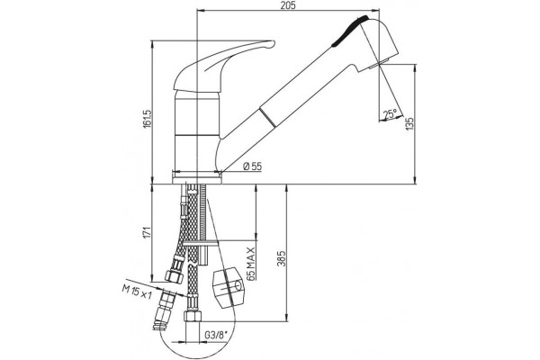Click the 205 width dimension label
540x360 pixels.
tap(288, 5)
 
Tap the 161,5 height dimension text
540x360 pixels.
tap(148, 120)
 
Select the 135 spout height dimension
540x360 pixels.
tap(409, 124)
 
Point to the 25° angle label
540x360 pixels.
tap(391, 113)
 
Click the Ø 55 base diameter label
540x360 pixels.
tap(252, 166)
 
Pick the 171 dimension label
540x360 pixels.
tap(148, 233)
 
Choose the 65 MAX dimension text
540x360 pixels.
tap(251, 263)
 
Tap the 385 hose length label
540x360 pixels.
tap(282, 258)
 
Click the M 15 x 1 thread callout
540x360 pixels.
tap(137, 292)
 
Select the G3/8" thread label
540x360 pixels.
tap(216, 335)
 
